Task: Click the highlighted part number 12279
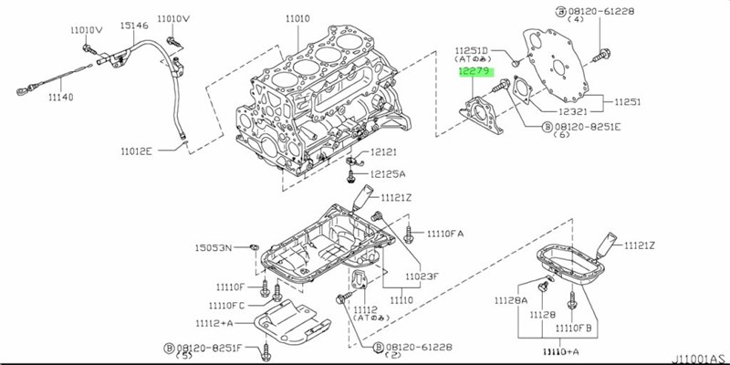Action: point(474,68)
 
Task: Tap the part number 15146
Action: point(135,26)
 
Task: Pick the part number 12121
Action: point(383,152)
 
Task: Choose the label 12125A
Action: point(387,173)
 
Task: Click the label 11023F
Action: point(421,275)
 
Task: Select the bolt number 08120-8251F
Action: point(213,347)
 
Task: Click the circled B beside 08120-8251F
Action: point(169,347)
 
